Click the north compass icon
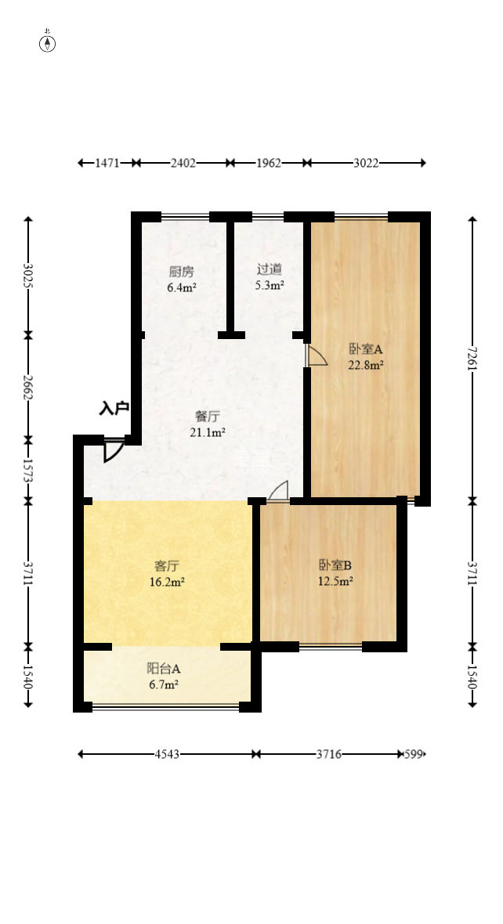pyautogui.click(x=48, y=43)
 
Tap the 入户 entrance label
pyautogui.click(x=114, y=408)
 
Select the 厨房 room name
pyautogui.click(x=181, y=272)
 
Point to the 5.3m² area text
pyautogui.click(x=269, y=286)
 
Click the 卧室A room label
pyautogui.click(x=365, y=349)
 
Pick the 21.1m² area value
pyautogui.click(x=208, y=432)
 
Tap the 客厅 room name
pyautogui.click(x=167, y=565)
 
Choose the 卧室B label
pyautogui.click(x=335, y=565)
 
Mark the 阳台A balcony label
pyautogui.click(x=164, y=669)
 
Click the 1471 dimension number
pyautogui.click(x=107, y=163)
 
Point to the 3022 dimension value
pyautogui.click(x=366, y=163)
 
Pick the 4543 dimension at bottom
pyautogui.click(x=167, y=754)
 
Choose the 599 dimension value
pyautogui.click(x=413, y=754)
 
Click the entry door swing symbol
pyautogui.click(x=112, y=449)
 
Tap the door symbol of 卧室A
pyautogui.click(x=316, y=356)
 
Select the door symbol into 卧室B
pyautogui.click(x=278, y=490)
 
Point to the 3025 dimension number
pyautogui.click(x=29, y=276)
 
